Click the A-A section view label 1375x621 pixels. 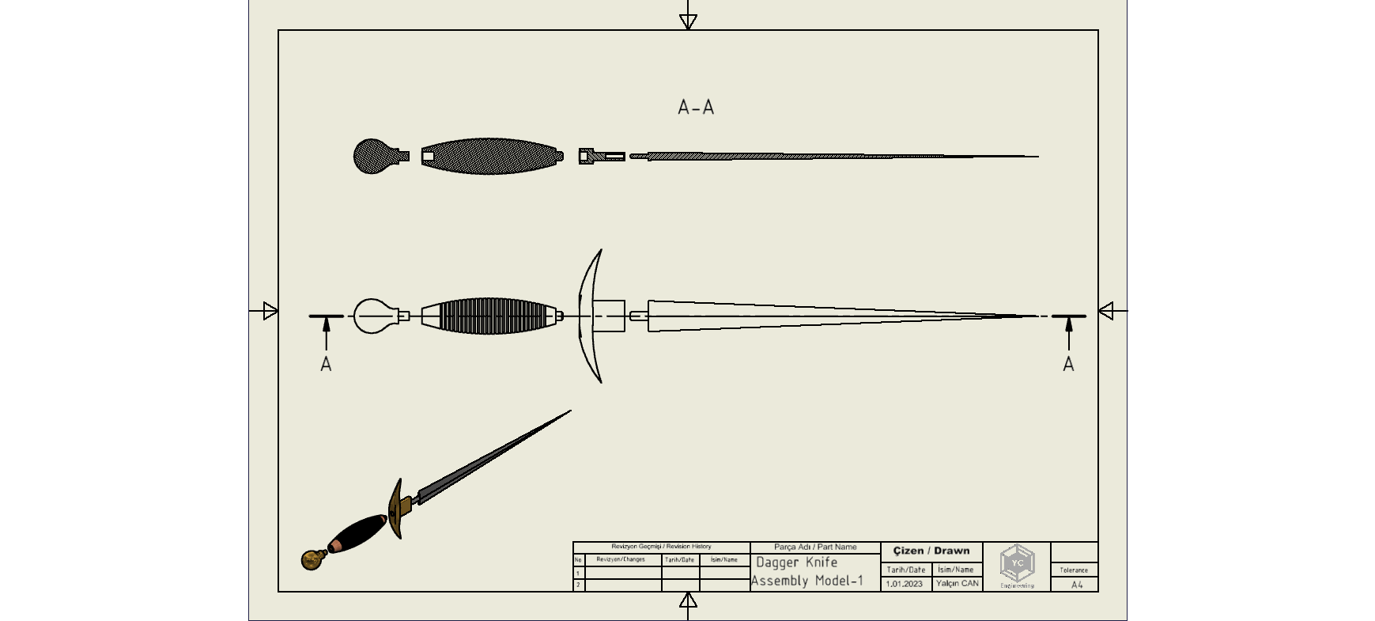[x=696, y=108]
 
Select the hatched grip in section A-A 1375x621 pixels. [x=490, y=157]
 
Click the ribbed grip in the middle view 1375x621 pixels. [x=490, y=316]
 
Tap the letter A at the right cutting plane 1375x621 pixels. [x=1068, y=365]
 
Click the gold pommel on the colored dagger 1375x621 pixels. [x=312, y=560]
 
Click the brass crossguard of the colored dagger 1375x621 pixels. [x=396, y=509]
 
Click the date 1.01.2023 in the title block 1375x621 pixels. [x=904, y=584]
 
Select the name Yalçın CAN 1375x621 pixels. [x=957, y=584]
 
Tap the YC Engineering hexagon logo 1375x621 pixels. [x=1017, y=563]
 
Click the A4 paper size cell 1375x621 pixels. [x=1077, y=585]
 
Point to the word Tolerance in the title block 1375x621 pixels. [x=1074, y=570]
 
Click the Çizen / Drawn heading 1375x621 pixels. [x=931, y=551]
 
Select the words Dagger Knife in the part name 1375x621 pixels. [x=797, y=562]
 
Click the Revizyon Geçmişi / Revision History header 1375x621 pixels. [x=661, y=547]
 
